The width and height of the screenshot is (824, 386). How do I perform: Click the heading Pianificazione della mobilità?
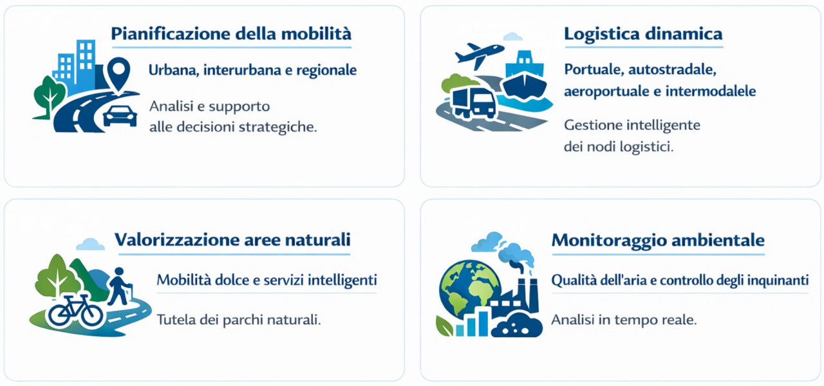[231, 34]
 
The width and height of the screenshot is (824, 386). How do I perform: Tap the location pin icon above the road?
[118, 73]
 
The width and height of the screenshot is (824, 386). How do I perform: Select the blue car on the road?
[120, 115]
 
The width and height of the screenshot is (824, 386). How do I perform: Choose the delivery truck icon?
[474, 103]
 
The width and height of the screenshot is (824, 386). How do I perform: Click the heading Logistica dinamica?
[643, 34]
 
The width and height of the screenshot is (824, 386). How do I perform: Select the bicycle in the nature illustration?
[76, 311]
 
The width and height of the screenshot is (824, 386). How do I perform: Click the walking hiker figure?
[120, 286]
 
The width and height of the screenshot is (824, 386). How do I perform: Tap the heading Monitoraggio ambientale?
[658, 241]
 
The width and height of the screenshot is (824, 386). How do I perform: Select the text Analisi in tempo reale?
[624, 320]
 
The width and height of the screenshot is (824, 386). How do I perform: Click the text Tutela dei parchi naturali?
[239, 320]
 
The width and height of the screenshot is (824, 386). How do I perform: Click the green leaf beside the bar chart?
[444, 326]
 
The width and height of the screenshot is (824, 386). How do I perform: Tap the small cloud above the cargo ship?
[513, 37]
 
